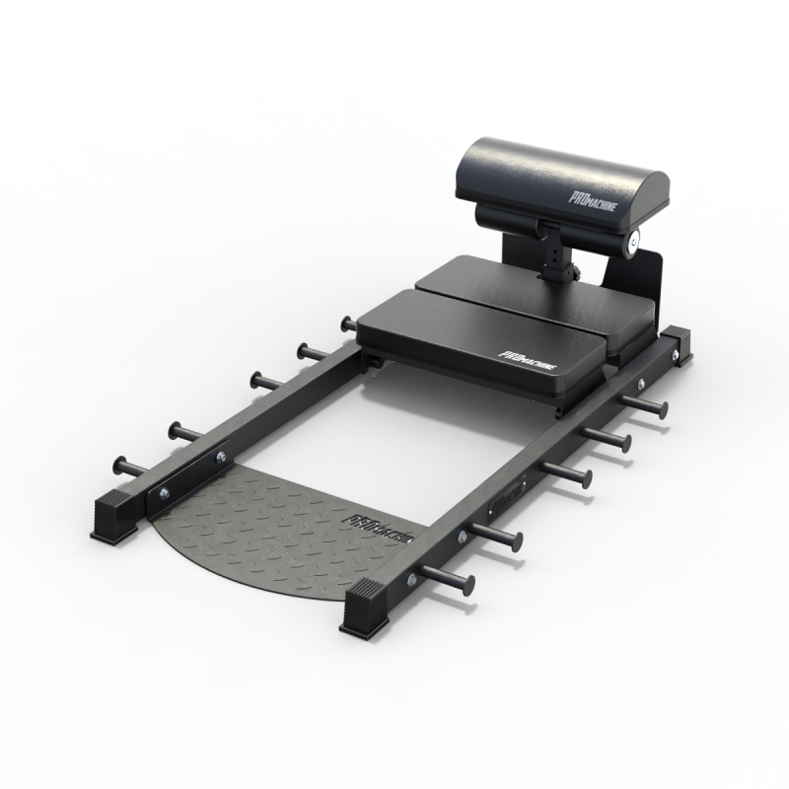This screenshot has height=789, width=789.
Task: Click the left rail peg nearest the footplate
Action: [x=132, y=463]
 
